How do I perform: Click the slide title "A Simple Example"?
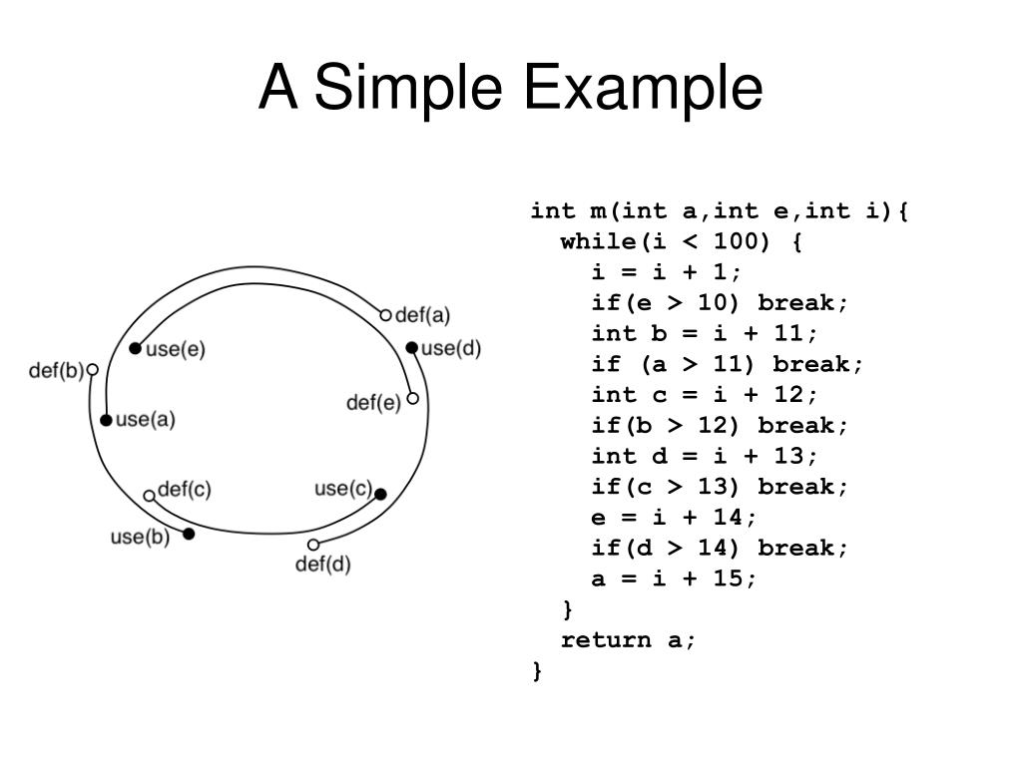[510, 88]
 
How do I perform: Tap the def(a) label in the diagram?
[423, 315]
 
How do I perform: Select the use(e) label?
[176, 349]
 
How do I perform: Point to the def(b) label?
[56, 371]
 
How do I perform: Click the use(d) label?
[451, 348]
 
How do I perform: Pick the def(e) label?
[373, 402]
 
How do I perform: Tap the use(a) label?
[145, 420]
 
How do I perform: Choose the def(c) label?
[185, 490]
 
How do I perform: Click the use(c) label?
[342, 489]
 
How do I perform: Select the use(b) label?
[140, 537]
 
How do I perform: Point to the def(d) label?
[323, 565]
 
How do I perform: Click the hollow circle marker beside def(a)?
[386, 315]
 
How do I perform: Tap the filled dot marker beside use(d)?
[412, 348]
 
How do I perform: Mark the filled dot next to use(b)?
[189, 534]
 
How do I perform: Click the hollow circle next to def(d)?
[313, 545]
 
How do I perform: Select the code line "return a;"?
[629, 640]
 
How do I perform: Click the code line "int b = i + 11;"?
[705, 333]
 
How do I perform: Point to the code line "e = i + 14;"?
[675, 518]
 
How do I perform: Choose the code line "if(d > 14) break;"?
[720, 548]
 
